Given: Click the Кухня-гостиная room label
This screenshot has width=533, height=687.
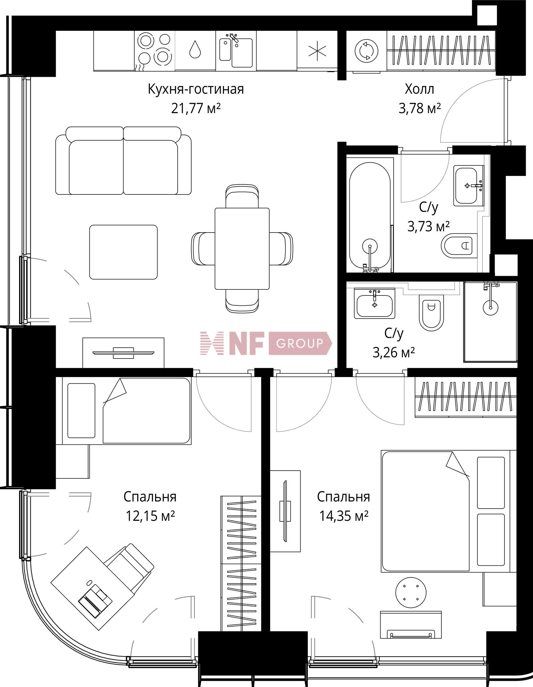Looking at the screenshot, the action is (x=196, y=89).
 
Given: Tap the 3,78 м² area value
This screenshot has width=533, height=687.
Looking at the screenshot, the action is (x=419, y=108).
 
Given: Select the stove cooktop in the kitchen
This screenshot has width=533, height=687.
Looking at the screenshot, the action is (x=155, y=50).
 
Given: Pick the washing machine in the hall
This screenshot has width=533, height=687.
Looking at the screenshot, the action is (x=366, y=50).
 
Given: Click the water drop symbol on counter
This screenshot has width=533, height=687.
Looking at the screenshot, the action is (x=195, y=49).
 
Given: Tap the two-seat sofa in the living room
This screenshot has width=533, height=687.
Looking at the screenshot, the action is (x=123, y=161).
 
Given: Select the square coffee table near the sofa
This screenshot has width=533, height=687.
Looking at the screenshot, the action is (x=123, y=252).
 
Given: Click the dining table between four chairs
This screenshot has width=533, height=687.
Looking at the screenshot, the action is (x=242, y=249).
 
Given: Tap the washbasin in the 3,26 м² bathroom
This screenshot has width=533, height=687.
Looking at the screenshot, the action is (x=375, y=303).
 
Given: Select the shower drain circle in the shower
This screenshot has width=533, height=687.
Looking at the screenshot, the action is (x=491, y=307).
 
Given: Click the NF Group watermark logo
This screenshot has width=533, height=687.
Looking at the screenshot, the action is (x=266, y=343).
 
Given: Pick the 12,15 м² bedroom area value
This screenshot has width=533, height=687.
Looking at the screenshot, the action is (x=150, y=516).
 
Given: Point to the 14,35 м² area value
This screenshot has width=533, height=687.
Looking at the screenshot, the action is (x=344, y=516).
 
